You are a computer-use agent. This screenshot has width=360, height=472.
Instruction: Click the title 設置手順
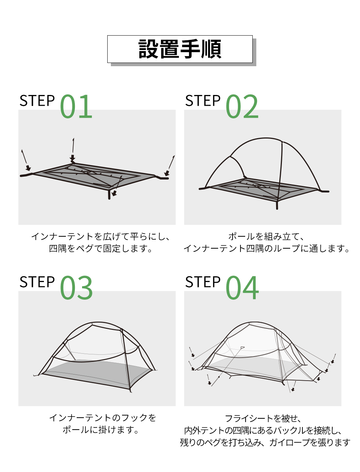tap(180, 49)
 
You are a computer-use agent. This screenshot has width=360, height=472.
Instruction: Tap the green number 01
tap(76, 106)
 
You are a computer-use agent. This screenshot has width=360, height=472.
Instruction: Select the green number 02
tap(242, 106)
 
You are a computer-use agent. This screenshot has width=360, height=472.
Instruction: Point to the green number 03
tap(76, 288)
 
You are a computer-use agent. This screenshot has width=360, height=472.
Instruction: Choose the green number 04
tap(242, 288)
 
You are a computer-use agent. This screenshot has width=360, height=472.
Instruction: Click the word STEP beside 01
tap(37, 100)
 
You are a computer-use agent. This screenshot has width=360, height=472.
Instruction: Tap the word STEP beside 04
tap(203, 282)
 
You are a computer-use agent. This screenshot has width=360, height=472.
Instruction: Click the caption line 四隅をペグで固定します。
tap(101, 249)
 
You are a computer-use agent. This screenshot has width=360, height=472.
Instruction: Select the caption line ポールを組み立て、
tap(266, 237)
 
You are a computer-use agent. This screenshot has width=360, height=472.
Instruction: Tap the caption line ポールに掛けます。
tap(101, 430)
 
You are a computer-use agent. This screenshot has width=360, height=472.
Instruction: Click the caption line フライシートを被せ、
tap(263, 418)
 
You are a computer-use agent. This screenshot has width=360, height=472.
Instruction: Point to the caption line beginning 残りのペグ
tap(265, 442)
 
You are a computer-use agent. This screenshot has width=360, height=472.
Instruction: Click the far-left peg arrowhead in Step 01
tap(28, 168)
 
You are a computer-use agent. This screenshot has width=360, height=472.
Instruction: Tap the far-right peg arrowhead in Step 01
tap(167, 173)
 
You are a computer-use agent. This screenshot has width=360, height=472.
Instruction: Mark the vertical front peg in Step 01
tap(109, 194)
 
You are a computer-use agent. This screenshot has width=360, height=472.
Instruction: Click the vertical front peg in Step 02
tap(277, 205)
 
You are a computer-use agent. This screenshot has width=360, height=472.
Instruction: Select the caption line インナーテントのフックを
tap(103, 418)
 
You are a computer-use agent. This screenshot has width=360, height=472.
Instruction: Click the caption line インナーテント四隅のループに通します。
tap(266, 249)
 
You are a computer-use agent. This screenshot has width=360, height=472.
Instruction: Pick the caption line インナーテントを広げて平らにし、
tap(101, 237)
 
